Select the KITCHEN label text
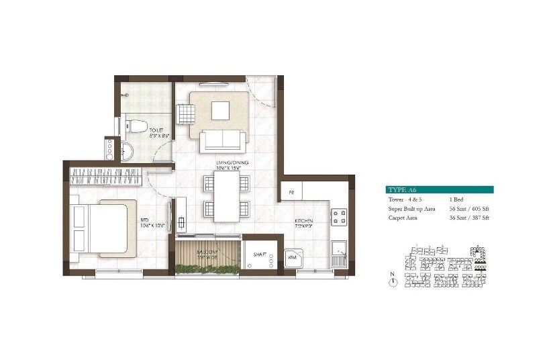coord(304,221)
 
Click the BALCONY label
coord(207,255)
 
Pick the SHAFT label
coord(260,255)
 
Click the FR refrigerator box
coord(292,193)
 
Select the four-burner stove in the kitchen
coord(339,217)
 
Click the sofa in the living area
coord(223,140)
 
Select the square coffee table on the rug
coord(221,110)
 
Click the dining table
coord(226,196)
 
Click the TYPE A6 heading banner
coord(440,190)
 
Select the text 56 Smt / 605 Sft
coord(469,209)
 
